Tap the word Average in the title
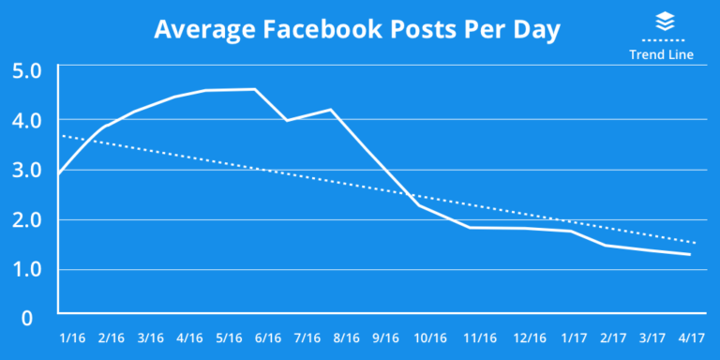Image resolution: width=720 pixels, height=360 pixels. click(197, 30)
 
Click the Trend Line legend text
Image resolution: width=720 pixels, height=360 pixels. click(661, 54)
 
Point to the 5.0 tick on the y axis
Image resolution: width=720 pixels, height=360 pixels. click(26, 71)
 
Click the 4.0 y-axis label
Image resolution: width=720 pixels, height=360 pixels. click(26, 121)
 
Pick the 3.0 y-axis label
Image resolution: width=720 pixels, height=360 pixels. click(26, 171)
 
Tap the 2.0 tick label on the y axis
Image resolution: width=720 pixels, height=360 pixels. click(26, 220)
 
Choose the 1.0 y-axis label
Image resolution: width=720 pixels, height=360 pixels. click(26, 270)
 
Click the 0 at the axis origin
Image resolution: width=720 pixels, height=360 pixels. click(27, 319)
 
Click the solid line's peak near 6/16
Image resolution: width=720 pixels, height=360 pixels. click(255, 89)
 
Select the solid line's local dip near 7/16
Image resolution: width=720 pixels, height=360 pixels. click(287, 120)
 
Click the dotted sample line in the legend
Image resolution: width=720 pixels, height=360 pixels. click(662, 41)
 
